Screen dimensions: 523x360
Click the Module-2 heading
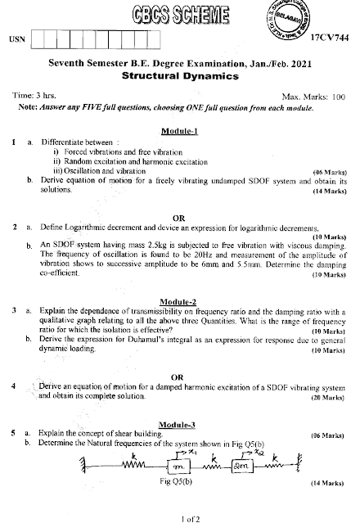tap(182, 301)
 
